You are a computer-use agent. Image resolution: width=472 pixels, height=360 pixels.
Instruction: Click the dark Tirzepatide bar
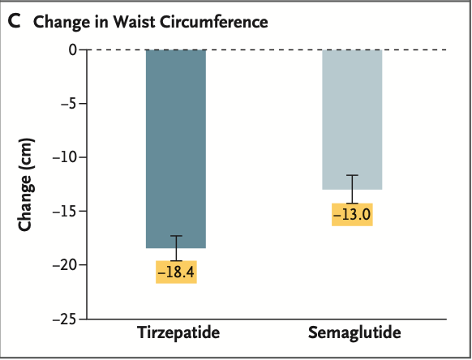(x=176, y=146)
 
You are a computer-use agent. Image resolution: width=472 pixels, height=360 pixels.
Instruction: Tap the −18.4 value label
(x=176, y=272)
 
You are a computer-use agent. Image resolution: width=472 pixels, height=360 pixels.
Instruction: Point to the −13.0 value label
(x=352, y=215)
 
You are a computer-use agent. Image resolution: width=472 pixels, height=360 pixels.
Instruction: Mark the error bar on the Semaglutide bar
(x=352, y=189)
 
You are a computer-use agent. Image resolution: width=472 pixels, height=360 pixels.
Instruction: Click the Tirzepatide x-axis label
(x=176, y=334)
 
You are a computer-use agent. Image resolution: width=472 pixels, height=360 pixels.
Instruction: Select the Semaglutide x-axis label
(x=354, y=334)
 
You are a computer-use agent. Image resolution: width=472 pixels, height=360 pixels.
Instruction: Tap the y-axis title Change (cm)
(x=25, y=185)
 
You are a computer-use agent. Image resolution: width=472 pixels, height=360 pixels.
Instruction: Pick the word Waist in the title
(x=124, y=22)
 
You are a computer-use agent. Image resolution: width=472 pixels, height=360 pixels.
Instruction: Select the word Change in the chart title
(x=58, y=22)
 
